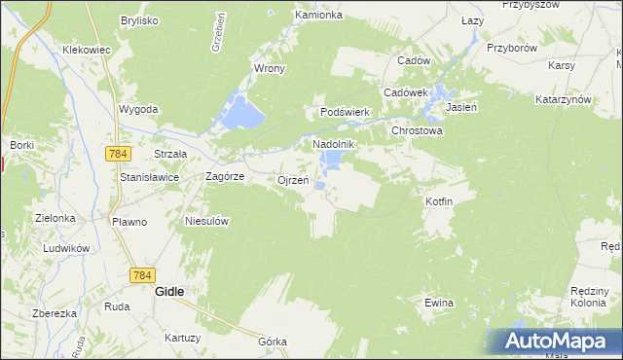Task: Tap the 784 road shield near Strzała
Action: [120, 154]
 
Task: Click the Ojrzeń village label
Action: [293, 180]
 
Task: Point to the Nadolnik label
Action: [332, 144]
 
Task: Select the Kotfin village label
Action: [439, 200]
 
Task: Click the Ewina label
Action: [439, 303]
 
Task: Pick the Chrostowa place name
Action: [417, 129]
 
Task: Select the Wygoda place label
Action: [138, 109]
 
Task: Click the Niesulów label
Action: [206, 221]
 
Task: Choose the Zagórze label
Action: [224, 177]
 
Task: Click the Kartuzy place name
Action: [182, 338]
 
